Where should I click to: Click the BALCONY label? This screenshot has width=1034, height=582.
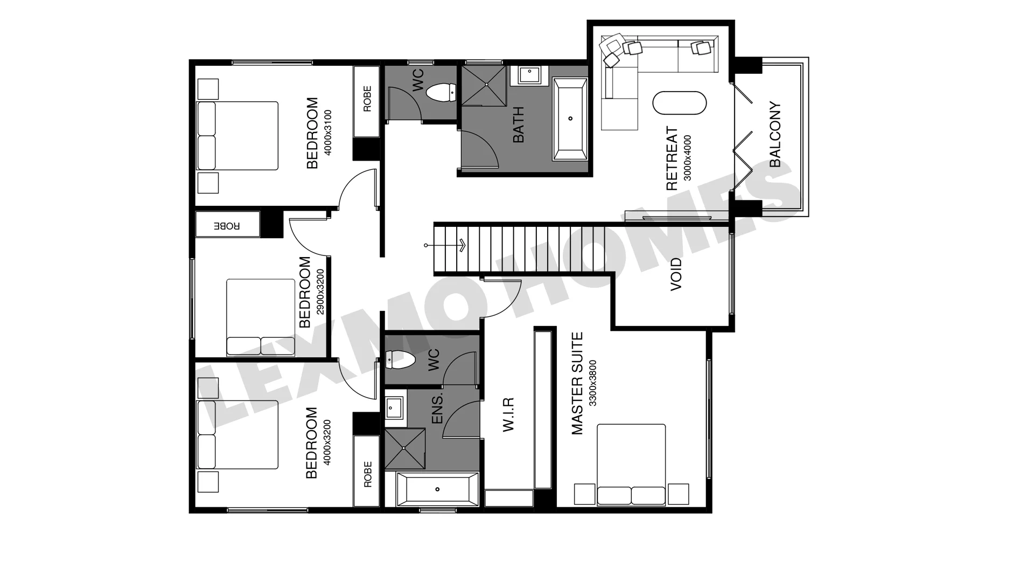click(775, 134)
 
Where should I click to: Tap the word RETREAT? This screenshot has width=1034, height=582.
click(672, 158)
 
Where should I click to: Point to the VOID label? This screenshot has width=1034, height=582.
click(676, 274)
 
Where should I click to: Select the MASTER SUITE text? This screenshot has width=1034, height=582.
click(577, 383)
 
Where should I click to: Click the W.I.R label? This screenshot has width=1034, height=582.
click(508, 414)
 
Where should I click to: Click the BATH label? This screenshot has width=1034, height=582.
click(518, 125)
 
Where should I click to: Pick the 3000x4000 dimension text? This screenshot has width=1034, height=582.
click(687, 158)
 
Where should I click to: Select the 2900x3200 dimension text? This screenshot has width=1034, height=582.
click(320, 292)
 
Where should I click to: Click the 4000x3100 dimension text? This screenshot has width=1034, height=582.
click(327, 133)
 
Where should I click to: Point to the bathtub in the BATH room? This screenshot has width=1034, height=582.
click(570, 119)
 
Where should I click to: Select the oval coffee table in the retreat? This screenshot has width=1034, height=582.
click(679, 103)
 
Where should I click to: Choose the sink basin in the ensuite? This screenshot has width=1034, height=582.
click(394, 408)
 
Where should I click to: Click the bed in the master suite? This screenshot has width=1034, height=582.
click(631, 465)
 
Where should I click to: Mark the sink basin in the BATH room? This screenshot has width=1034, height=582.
click(530, 75)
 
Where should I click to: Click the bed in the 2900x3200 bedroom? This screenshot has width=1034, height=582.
click(261, 317)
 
